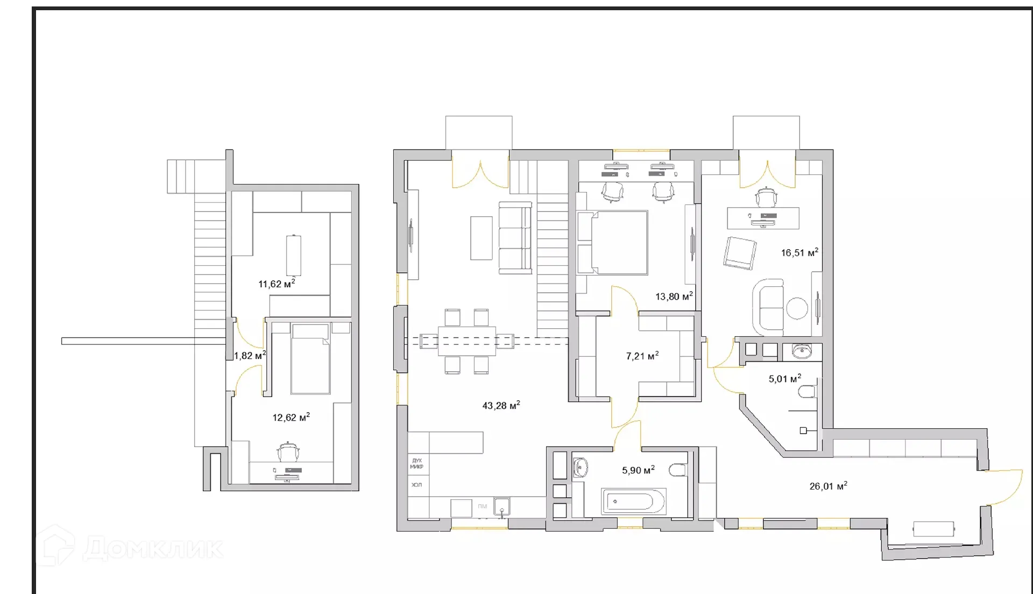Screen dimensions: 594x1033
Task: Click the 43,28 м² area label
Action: point(500,406)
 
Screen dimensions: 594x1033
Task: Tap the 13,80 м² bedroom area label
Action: point(673,296)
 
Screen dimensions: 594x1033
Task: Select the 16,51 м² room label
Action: point(799,252)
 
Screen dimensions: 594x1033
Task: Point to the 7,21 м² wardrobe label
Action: point(642,356)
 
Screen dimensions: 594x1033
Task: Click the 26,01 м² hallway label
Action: point(827,486)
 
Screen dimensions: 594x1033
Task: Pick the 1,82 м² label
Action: point(249,356)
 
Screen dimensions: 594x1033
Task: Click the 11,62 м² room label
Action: point(276,284)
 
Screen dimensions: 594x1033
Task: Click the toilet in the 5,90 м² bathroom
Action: point(679,471)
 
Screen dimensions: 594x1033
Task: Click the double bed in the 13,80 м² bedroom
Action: point(612,243)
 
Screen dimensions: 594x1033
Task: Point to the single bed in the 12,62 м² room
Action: point(309,359)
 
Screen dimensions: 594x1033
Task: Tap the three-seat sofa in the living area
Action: point(515,238)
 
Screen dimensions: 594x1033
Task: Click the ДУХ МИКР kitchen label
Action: point(416,464)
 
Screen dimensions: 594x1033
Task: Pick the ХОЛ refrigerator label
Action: point(416,485)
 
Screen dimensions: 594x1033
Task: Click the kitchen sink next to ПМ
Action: point(501,506)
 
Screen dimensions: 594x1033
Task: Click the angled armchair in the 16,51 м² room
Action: point(740,253)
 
